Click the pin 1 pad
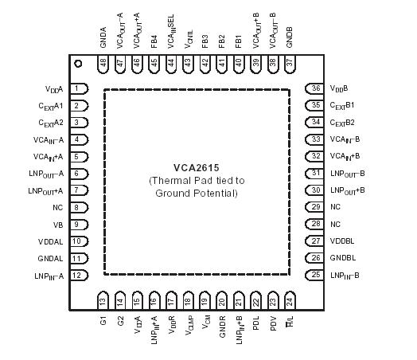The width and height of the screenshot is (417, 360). [79, 88]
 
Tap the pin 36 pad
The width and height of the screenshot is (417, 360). [314, 88]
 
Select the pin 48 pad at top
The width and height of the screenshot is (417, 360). [103, 64]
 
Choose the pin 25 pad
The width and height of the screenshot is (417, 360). [314, 275]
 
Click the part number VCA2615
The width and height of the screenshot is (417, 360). [196, 168]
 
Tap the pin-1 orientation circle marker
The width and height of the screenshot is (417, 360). [77, 64]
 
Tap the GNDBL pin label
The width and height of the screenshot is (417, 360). [344, 258]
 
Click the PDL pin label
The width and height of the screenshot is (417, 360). [255, 325]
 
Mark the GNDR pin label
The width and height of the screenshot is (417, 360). [222, 327]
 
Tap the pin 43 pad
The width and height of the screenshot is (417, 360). [188, 64]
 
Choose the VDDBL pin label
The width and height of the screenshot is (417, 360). [344, 241]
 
